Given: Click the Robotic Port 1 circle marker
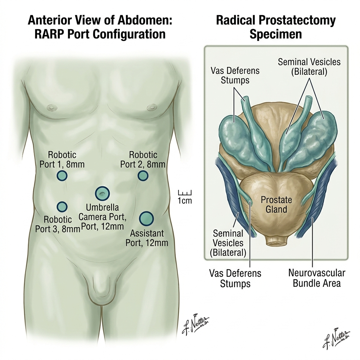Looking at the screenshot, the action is (62, 176).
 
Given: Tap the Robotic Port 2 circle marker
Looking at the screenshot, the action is (143, 176).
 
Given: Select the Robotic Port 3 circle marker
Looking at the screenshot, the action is (62, 207).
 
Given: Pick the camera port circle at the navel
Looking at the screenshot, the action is (102, 193).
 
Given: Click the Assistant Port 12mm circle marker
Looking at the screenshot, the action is (146, 218).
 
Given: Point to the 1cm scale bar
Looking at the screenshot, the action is (185, 193).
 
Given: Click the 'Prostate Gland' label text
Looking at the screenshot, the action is (276, 205).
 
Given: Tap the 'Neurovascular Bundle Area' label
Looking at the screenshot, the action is (317, 278).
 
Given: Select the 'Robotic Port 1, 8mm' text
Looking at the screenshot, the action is (62, 160).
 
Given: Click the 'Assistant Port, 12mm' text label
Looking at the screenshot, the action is (147, 238).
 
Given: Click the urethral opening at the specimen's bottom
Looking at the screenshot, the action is (276, 243).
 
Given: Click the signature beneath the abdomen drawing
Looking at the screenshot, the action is (195, 324).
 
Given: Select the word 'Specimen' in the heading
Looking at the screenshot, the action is (276, 34).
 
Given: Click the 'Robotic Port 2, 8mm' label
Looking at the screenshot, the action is (143, 160).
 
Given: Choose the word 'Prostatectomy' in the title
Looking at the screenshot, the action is (297, 21).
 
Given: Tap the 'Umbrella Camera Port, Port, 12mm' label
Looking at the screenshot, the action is (102, 217).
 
